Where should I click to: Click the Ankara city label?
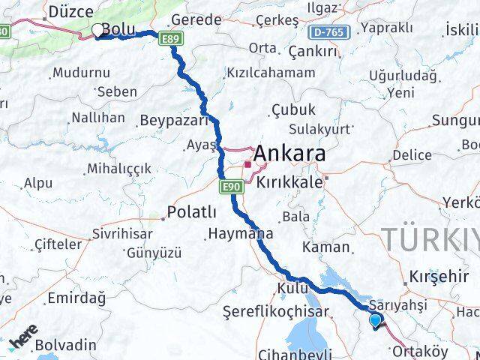coord(289,154)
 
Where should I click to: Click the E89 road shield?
coord(169,37)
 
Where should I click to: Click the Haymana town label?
coord(241,233)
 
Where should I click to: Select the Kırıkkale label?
coord(289,182)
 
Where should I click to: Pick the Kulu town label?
coord(292,288)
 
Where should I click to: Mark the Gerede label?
coord(196,19)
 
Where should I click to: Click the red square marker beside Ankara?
coord(247,163)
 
